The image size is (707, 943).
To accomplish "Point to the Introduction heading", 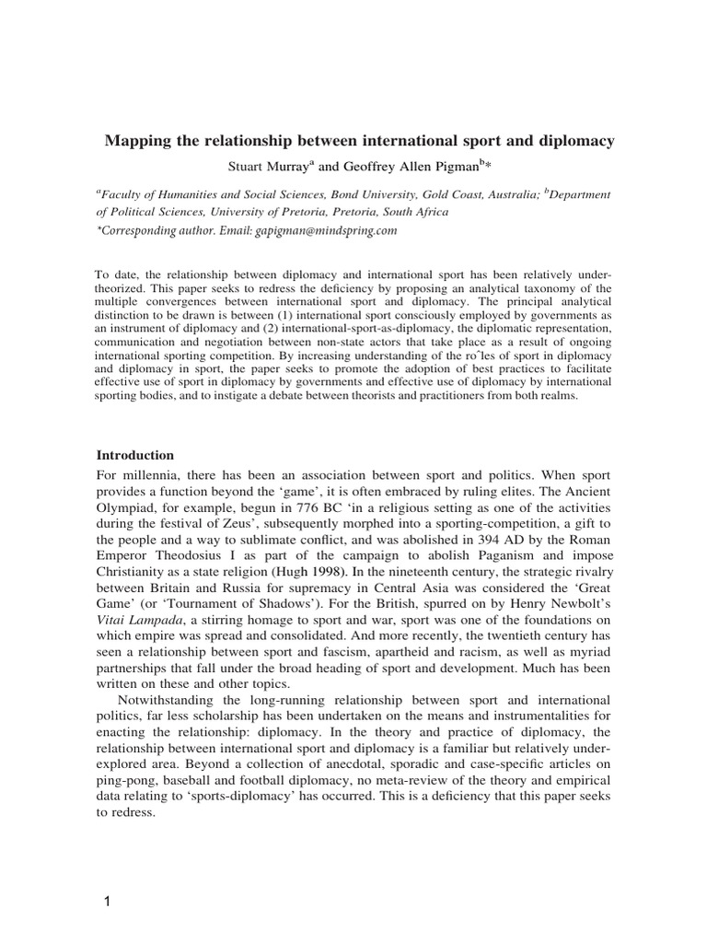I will click(135, 455).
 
